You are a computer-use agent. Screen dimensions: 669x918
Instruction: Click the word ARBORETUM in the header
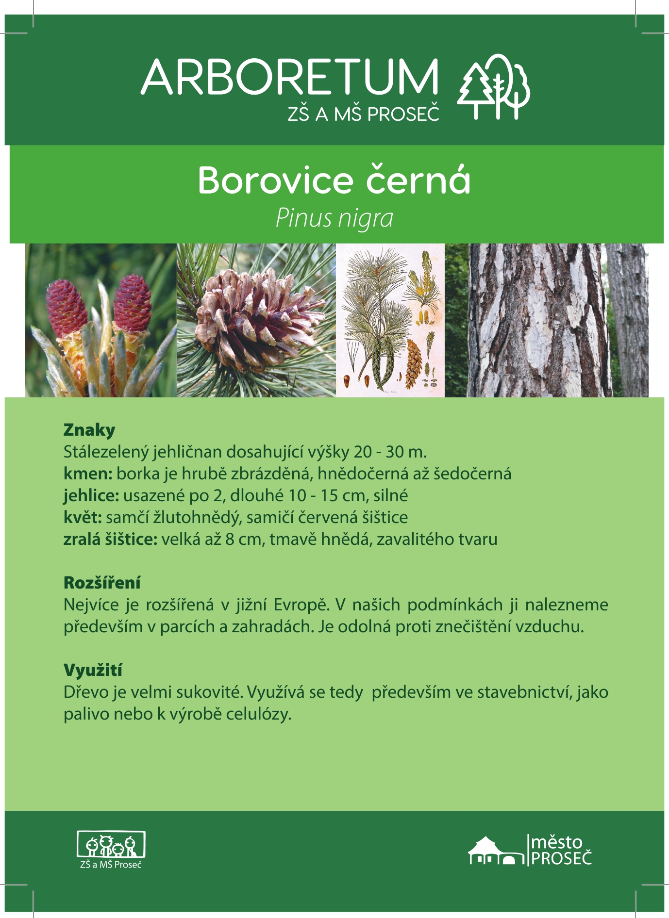click(x=290, y=77)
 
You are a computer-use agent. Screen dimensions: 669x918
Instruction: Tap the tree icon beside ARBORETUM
click(x=494, y=86)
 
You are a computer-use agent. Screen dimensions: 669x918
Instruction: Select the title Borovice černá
click(x=334, y=180)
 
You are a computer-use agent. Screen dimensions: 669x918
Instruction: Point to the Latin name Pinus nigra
click(x=334, y=218)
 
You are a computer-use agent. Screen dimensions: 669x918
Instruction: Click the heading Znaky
click(x=89, y=430)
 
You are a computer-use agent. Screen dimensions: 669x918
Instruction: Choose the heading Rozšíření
click(x=102, y=582)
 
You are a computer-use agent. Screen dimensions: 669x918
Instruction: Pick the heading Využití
click(x=93, y=670)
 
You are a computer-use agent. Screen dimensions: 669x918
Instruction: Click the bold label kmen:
click(x=88, y=474)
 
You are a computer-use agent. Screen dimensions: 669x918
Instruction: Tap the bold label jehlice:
click(x=91, y=495)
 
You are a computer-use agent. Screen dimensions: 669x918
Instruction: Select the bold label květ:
click(x=83, y=517)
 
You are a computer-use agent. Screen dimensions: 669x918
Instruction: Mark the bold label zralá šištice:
click(x=111, y=539)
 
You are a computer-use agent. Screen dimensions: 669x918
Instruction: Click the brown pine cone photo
click(x=256, y=320)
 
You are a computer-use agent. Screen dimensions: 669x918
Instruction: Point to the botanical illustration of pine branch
click(x=390, y=320)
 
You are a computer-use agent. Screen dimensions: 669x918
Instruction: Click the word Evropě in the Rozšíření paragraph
click(x=301, y=605)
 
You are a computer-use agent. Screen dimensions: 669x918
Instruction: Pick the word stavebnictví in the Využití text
click(x=524, y=692)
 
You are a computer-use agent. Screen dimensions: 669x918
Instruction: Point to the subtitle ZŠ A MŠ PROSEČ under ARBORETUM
click(x=363, y=114)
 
